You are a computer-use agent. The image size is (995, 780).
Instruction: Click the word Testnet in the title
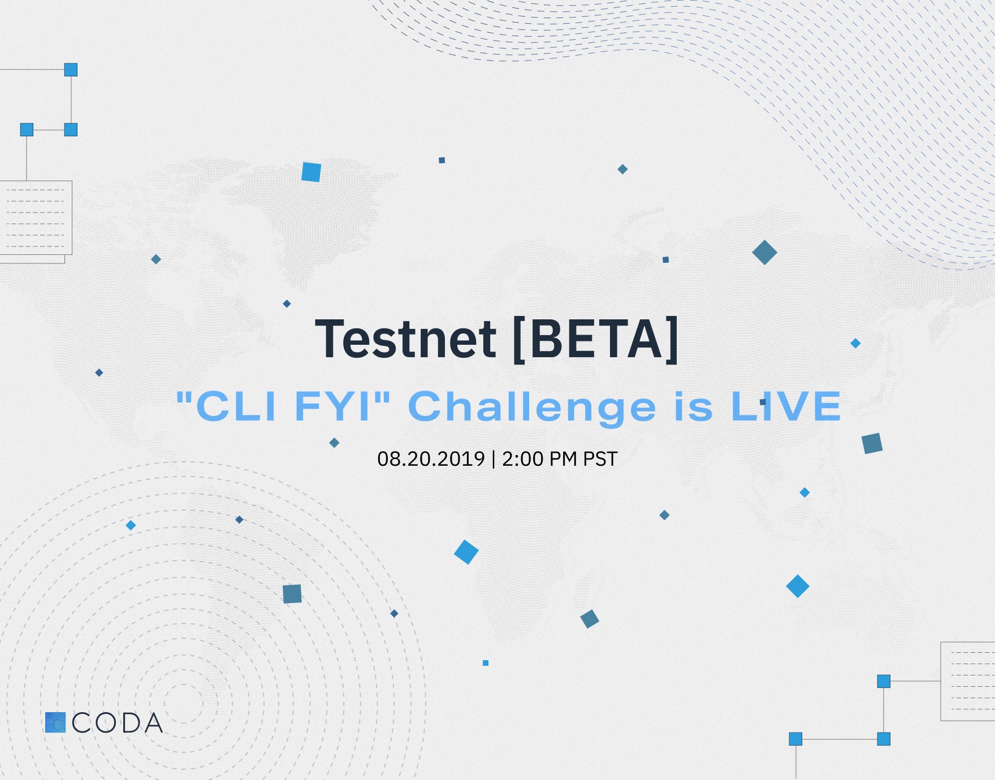[x=405, y=339]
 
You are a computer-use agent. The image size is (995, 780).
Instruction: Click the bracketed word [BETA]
[x=595, y=339]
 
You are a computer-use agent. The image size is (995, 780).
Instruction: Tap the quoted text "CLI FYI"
[x=283, y=406]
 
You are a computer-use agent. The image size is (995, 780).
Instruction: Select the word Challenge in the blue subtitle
[x=532, y=408]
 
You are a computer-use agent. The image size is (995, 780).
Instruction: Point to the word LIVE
[x=786, y=406]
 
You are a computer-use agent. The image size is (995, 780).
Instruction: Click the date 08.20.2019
[x=431, y=458]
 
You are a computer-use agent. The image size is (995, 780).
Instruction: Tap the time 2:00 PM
[x=539, y=458]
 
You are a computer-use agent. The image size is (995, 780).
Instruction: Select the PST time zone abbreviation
[x=600, y=458]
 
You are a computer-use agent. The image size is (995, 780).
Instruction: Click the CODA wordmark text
[x=118, y=723]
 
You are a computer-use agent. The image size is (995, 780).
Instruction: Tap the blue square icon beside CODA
[x=55, y=722]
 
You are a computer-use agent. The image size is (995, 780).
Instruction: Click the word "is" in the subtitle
[x=694, y=406]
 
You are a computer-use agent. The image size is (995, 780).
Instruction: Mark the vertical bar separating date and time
[x=494, y=458]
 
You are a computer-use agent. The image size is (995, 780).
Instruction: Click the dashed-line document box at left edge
[x=35, y=218]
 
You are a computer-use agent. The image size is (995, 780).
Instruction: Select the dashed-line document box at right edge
[x=968, y=681]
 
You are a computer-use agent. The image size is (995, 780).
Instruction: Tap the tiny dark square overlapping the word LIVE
[x=763, y=402]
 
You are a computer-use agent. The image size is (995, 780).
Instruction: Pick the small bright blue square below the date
[x=486, y=663]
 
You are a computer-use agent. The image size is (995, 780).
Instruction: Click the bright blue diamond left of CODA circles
[x=131, y=525]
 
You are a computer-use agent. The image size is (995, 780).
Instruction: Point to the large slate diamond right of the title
[x=764, y=252]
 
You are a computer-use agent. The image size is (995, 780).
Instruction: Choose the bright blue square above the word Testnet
[x=311, y=172]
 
